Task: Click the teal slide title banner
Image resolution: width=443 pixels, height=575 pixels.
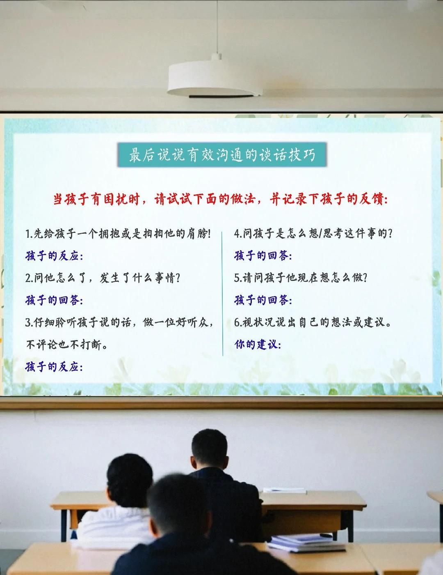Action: click(222, 155)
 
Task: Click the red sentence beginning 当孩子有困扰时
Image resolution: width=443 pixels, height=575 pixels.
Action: click(221, 199)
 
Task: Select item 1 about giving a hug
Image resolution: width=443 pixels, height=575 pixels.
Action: click(118, 234)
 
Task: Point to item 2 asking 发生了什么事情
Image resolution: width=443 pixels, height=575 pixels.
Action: click(103, 278)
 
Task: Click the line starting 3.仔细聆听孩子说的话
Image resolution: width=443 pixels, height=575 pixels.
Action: click(119, 322)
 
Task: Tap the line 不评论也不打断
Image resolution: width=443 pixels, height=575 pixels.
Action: click(66, 345)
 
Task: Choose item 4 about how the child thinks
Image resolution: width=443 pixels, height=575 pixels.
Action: click(313, 234)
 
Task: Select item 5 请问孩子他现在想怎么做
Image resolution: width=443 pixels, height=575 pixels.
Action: click(301, 278)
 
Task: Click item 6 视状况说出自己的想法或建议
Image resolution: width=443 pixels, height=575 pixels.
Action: click(313, 322)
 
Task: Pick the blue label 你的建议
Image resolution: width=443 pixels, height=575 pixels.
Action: click(258, 345)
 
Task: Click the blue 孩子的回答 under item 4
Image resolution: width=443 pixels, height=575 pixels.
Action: click(263, 256)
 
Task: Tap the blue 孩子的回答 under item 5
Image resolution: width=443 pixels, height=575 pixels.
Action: click(263, 300)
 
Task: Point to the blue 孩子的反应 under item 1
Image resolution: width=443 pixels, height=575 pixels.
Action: click(54, 256)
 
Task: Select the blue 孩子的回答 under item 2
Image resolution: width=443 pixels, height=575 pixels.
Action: click(54, 300)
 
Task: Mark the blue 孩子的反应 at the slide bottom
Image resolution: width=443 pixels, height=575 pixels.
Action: click(54, 367)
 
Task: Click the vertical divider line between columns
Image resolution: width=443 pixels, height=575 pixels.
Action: click(222, 294)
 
